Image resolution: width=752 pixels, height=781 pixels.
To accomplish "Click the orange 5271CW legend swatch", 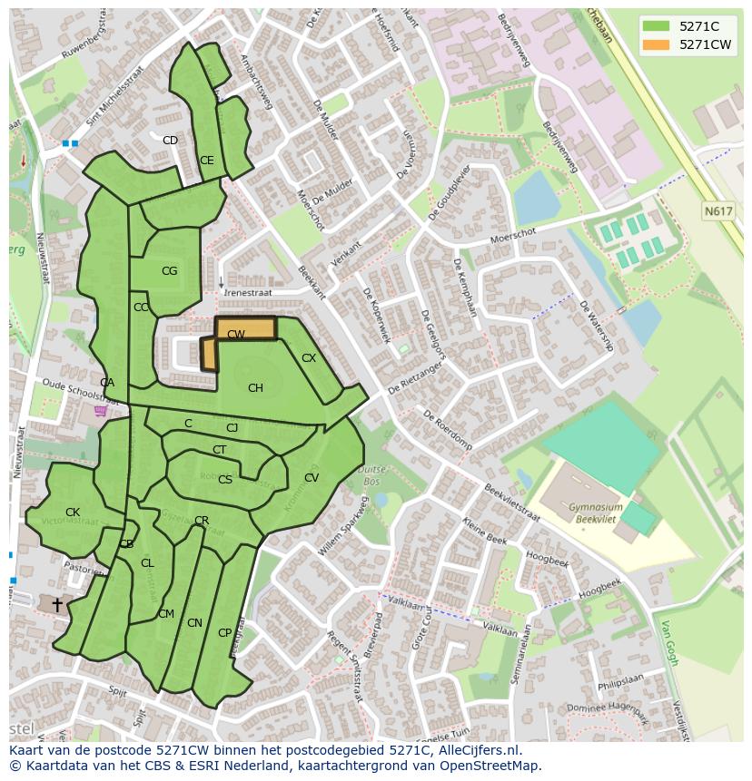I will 654,44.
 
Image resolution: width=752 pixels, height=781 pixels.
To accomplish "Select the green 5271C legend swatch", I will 654,26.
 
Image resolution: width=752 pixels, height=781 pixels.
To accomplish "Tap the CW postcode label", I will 236,335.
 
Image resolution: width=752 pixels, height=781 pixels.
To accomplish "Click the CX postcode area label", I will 309,358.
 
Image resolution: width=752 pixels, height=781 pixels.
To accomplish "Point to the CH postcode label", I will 255,388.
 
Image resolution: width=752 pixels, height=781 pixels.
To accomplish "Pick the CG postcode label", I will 169,271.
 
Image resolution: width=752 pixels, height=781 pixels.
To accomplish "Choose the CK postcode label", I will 73,513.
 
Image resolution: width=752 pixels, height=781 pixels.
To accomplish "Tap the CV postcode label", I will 312,478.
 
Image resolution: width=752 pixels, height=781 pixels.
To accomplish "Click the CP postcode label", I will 224,633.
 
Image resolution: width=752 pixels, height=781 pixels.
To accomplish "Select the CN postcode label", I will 194,623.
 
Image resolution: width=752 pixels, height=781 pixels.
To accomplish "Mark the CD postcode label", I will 170,141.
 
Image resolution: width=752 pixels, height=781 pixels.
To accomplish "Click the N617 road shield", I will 717,211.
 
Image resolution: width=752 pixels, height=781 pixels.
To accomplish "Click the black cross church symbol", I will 57,603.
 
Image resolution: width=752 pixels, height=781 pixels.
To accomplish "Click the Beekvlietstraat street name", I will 512,502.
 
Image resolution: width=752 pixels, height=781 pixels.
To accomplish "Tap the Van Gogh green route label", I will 670,642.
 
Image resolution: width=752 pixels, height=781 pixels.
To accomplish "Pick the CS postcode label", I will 225,480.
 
